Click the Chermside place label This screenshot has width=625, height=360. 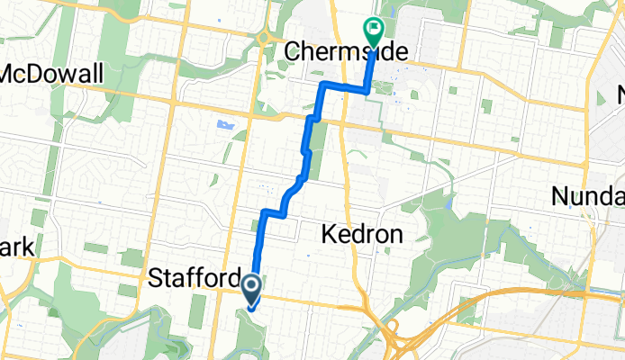pyautogui.click(x=330, y=51)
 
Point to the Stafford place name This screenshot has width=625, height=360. pyautogui.click(x=192, y=280)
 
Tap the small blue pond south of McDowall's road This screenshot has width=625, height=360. pyautogui.click(x=224, y=124)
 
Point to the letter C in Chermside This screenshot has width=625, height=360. pyautogui.click(x=292, y=51)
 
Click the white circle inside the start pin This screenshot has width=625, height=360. pyautogui.click(x=251, y=287)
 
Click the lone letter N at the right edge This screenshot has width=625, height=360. pyautogui.click(x=619, y=93)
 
